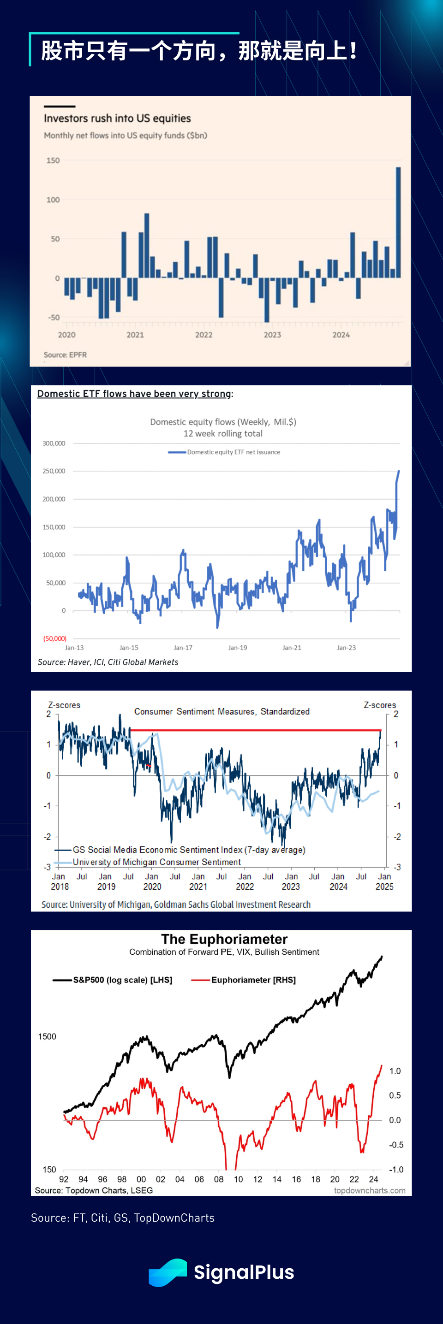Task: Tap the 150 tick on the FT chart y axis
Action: click(53, 160)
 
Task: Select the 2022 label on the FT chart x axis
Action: click(204, 335)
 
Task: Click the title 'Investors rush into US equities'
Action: click(117, 118)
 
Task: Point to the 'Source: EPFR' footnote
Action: click(66, 355)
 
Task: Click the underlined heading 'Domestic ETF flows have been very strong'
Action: click(134, 394)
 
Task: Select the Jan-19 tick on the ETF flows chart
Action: click(238, 648)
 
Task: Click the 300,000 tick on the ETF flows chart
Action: click(54, 443)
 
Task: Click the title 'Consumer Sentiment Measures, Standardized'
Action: click(222, 711)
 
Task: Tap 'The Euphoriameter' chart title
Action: click(224, 939)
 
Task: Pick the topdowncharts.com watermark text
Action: click(370, 1190)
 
